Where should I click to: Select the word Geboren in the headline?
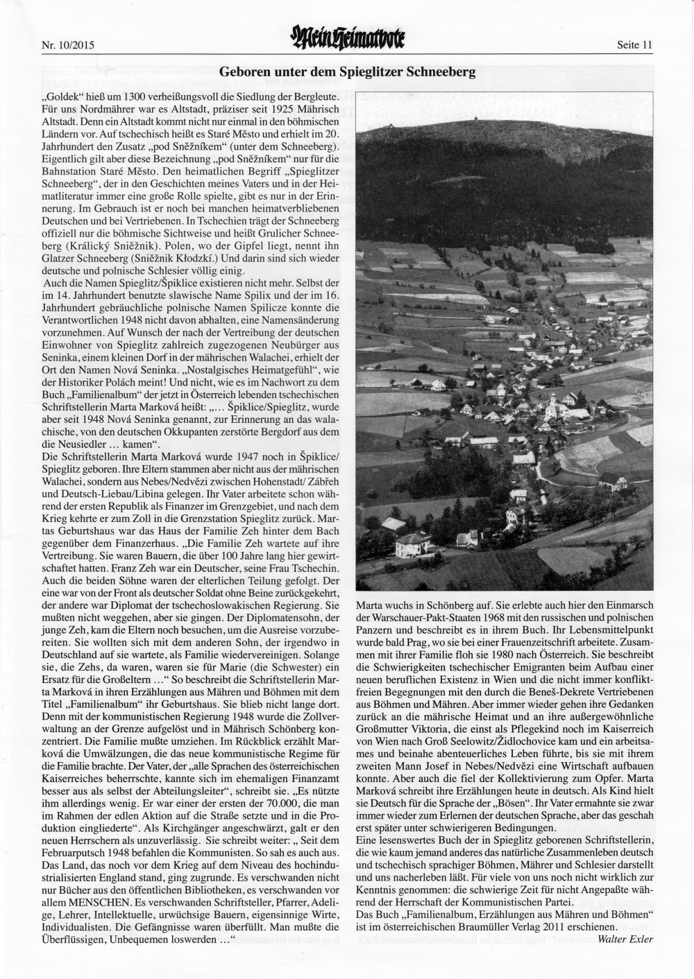[244, 71]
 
